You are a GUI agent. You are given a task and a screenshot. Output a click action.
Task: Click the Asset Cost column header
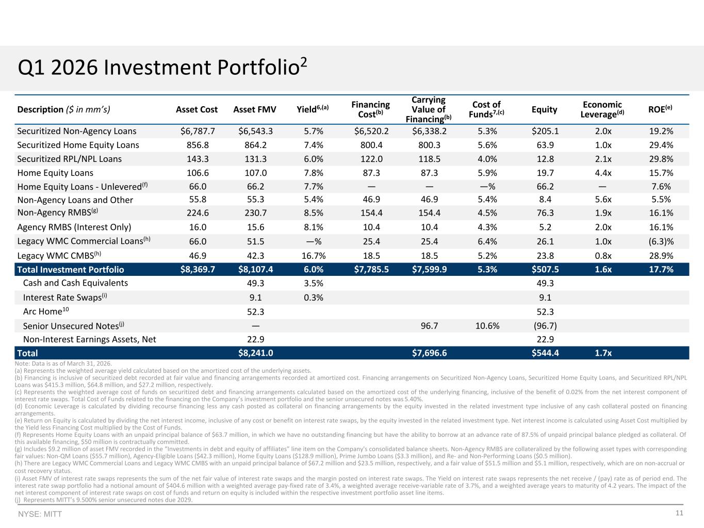click(197, 110)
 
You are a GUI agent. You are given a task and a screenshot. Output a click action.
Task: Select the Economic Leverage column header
click(602, 110)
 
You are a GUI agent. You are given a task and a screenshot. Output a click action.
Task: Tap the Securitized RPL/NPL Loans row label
click(69, 159)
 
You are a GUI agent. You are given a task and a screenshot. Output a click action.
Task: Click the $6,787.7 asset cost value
click(198, 131)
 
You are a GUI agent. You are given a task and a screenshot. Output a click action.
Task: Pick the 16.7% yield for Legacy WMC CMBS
click(314, 256)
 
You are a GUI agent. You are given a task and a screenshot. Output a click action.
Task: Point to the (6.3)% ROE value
click(661, 241)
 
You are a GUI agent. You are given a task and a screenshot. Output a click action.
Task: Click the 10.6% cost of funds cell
click(487, 326)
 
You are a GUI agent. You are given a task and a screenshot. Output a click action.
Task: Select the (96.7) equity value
click(545, 326)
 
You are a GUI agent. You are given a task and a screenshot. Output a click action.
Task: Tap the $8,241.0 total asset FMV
click(256, 353)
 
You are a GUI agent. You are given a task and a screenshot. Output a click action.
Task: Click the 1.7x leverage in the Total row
click(603, 353)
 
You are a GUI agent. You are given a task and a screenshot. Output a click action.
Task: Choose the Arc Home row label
click(46, 311)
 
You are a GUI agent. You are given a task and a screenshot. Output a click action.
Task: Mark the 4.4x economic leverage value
click(603, 173)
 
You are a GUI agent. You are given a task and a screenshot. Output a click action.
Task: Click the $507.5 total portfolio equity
click(545, 269)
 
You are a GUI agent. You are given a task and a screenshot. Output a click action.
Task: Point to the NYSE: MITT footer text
click(40, 514)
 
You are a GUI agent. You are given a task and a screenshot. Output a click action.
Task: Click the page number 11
click(679, 513)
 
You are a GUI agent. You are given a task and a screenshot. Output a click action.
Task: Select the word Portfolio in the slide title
click(258, 68)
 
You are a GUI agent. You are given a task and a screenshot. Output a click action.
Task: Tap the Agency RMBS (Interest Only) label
click(74, 227)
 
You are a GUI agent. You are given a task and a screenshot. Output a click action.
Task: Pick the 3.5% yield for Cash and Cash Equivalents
click(314, 284)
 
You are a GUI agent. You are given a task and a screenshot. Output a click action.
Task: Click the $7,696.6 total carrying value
click(429, 353)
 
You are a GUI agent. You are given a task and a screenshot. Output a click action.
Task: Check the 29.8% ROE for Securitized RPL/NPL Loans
click(661, 159)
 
